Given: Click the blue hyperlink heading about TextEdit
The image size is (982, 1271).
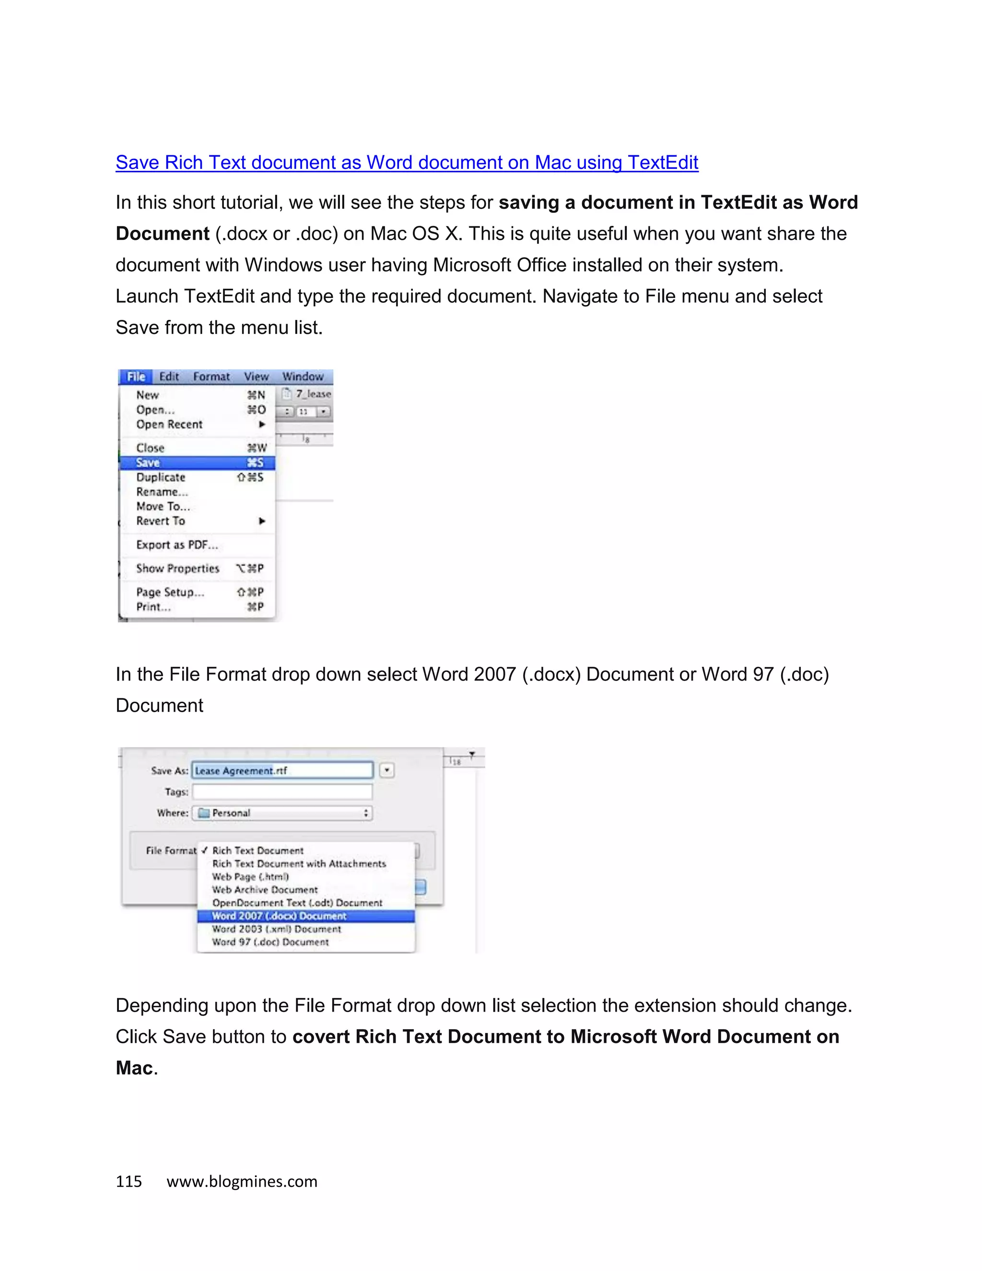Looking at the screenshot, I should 407,163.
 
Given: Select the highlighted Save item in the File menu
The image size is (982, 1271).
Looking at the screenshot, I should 197,463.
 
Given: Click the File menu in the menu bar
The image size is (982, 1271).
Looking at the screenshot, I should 136,377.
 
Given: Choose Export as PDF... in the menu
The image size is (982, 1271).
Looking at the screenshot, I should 177,545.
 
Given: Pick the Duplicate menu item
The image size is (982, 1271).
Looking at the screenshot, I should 161,477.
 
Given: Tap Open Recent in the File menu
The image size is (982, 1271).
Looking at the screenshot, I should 169,424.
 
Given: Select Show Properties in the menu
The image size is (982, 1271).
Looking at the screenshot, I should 177,568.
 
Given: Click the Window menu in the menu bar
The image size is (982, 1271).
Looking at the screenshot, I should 303,377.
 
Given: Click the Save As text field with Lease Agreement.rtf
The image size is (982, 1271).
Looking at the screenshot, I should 282,771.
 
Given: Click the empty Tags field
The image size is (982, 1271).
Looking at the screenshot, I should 282,791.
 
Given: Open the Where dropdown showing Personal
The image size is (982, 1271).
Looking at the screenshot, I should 282,813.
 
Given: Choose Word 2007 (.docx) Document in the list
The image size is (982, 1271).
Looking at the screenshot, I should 279,916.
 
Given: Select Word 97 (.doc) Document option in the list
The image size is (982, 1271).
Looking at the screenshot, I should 270,942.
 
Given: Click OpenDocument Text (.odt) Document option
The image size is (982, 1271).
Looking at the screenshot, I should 297,903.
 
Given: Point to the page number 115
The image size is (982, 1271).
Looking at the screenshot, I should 129,1181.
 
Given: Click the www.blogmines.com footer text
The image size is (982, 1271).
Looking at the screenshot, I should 242,1181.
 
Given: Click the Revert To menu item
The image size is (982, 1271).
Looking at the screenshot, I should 161,521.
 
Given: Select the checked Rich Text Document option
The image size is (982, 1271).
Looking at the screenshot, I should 257,851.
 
